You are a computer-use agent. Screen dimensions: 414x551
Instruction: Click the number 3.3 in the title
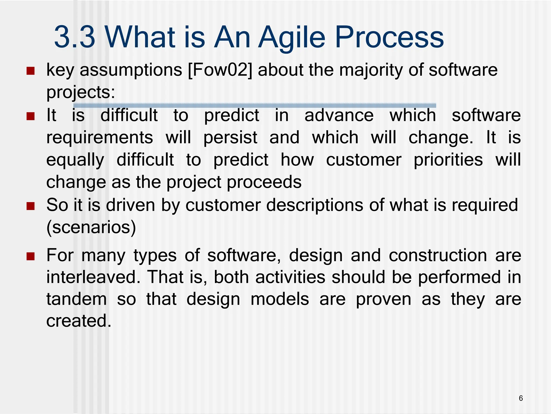tap(75, 37)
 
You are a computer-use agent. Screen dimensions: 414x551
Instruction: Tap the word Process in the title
tap(389, 37)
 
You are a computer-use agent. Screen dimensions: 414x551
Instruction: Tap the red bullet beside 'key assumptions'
tap(31, 71)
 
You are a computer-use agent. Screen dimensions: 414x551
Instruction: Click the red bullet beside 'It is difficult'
tap(31, 116)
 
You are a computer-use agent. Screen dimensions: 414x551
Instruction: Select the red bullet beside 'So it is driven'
tap(31, 206)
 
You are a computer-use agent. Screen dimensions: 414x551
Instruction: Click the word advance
tap(339, 115)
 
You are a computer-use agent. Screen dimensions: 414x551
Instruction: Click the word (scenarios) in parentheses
tap(91, 227)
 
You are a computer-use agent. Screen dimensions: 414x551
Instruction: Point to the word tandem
tap(76, 299)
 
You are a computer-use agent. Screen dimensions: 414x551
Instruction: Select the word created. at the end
tap(79, 321)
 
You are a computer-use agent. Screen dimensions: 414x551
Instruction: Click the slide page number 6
tap(521, 398)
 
